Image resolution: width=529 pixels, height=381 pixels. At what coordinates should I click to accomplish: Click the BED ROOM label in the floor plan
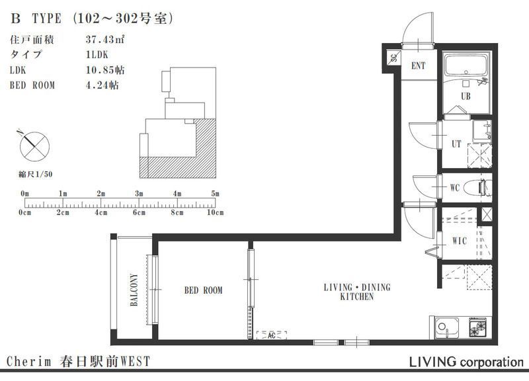pos(204,290)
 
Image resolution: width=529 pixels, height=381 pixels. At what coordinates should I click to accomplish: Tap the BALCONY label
pos(134,290)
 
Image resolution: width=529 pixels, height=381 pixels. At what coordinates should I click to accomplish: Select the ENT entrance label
pos(419,65)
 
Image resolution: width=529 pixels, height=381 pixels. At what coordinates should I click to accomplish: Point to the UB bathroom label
pos(466,96)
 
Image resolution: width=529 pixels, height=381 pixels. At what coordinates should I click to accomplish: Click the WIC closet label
pos(460,241)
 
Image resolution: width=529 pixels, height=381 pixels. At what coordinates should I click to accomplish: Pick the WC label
pos(455,188)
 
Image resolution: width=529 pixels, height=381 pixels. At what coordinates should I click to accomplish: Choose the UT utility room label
pos(456,144)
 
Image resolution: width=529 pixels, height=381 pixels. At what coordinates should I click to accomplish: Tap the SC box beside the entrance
pos(393,58)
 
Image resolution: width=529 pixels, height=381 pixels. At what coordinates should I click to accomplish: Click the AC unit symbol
pos(272,335)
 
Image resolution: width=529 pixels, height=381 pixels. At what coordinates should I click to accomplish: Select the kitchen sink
pos(446,327)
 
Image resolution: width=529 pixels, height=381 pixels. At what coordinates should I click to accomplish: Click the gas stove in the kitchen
pos(478,327)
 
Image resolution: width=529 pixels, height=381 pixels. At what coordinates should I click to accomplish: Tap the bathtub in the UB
pos(466,65)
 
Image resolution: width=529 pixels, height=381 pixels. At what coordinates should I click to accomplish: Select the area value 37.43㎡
pos(105,40)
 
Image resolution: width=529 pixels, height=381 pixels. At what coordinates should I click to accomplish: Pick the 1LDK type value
pos(97,55)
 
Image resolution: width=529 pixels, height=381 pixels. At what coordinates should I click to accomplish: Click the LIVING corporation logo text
pos(466,362)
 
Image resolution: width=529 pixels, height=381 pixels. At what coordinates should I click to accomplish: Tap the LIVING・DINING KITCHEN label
pos(357,292)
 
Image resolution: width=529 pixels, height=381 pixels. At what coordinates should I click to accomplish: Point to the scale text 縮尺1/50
pos(36,174)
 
